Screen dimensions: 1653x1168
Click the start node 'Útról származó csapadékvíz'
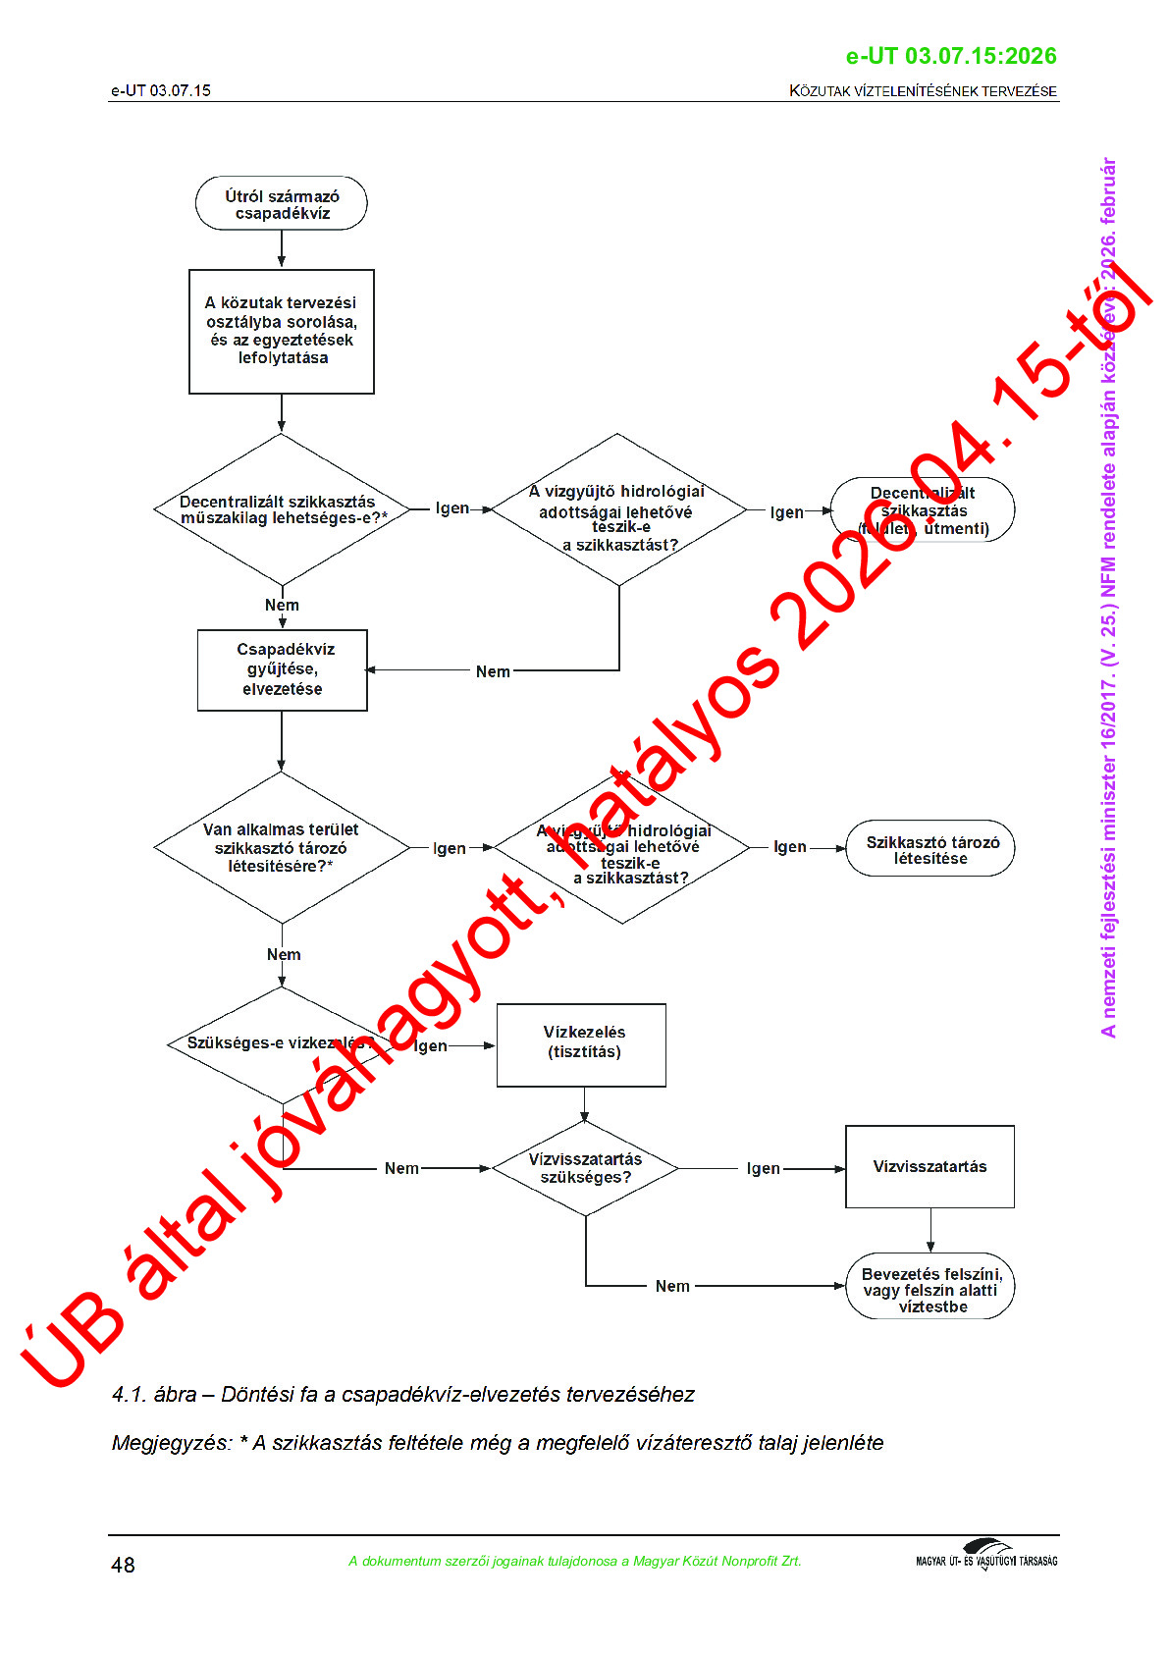click(282, 204)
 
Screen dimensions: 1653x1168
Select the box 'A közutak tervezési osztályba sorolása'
click(282, 331)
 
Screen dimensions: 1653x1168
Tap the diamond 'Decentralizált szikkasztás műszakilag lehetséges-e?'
click(282, 509)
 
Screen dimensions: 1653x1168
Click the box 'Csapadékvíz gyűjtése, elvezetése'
click(283, 669)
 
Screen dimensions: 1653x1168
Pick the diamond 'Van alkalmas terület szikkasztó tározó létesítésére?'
click(282, 847)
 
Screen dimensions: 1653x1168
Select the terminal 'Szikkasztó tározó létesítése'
click(930, 849)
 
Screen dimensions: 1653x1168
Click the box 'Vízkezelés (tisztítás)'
click(582, 1043)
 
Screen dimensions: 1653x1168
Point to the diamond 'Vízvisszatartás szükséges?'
click(585, 1168)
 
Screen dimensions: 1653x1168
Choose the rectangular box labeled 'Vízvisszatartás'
click(929, 1166)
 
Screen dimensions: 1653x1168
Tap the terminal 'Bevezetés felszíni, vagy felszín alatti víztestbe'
click(930, 1289)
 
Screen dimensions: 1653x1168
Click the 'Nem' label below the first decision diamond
click(282, 605)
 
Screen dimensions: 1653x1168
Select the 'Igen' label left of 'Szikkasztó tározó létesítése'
click(790, 847)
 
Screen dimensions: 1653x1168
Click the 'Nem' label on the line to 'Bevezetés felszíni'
click(672, 1286)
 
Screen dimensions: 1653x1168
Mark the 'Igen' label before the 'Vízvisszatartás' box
click(764, 1168)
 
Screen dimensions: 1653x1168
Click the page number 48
click(124, 1565)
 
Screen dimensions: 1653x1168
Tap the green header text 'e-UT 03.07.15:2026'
click(951, 57)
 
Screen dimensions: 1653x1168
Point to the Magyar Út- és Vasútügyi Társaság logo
click(986, 1556)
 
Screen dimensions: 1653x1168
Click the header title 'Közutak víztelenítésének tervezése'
click(923, 91)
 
